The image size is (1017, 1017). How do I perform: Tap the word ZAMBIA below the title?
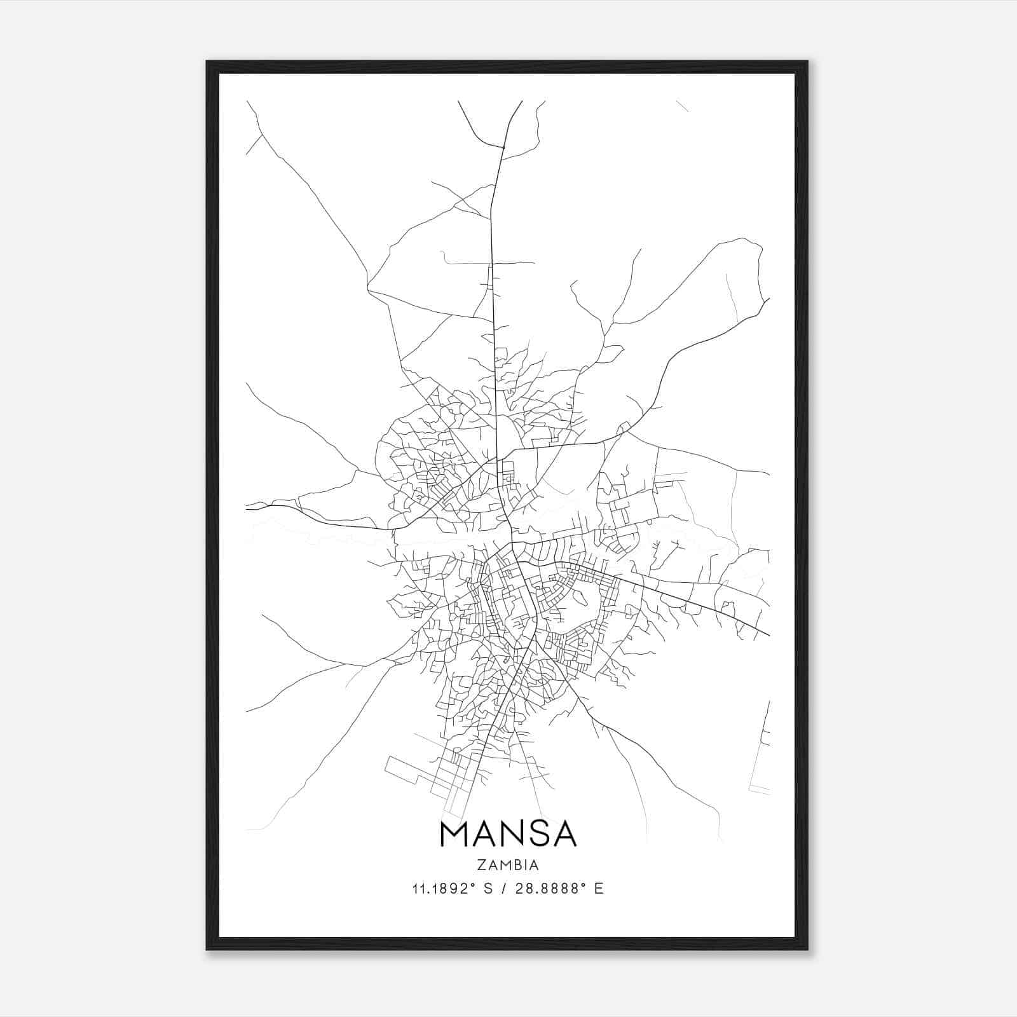(x=508, y=865)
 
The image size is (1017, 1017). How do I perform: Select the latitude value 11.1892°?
(x=444, y=889)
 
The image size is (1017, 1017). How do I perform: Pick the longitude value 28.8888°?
(x=550, y=889)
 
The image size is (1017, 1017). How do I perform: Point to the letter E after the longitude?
(x=598, y=889)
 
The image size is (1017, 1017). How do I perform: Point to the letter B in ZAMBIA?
(x=515, y=865)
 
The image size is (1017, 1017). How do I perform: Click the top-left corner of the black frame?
(x=208, y=62)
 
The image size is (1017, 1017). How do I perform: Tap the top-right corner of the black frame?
(x=807, y=62)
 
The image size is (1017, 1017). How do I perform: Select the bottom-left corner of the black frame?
(x=208, y=948)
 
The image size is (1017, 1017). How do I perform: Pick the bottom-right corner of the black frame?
(x=807, y=948)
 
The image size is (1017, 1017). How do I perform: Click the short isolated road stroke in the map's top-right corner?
(x=682, y=106)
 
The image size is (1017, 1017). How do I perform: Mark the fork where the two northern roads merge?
(x=503, y=148)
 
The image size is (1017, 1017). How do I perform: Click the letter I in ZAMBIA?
(x=525, y=865)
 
